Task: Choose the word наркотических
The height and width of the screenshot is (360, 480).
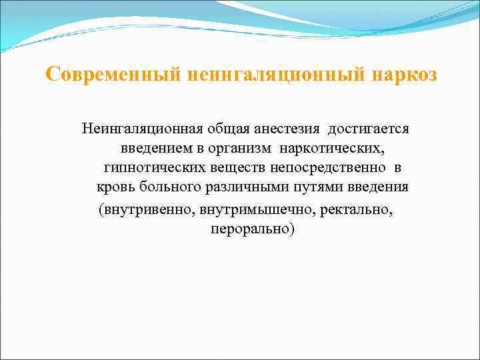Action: click(x=328, y=147)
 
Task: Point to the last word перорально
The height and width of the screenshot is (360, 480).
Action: click(x=252, y=229)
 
